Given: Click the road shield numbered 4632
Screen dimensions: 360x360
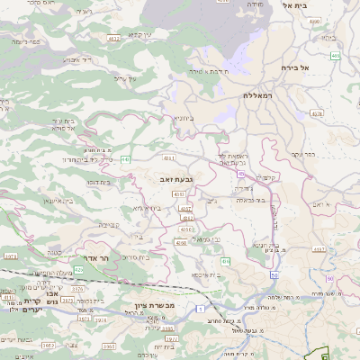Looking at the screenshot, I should pos(113,40).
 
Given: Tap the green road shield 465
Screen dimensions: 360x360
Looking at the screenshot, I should pos(335,56).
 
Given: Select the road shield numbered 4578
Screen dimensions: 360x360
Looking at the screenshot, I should pos(314,113).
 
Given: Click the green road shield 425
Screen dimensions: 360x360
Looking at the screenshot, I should pos(78,269).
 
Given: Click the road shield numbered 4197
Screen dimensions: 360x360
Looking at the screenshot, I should pos(318,248).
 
